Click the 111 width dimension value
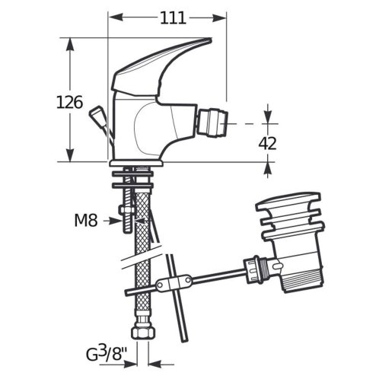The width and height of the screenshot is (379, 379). coord(173,18)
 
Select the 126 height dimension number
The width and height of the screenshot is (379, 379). coord(69,102)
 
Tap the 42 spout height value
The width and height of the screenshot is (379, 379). coord(267,143)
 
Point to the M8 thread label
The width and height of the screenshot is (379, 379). coord(86,220)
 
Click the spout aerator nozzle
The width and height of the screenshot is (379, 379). coord(212,123)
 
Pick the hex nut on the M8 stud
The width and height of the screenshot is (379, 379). coord(126,210)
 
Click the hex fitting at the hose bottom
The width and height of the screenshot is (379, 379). coord(143,331)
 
